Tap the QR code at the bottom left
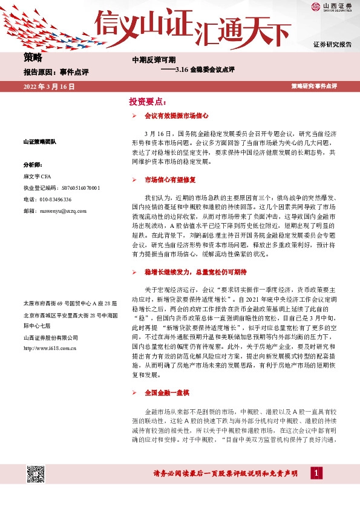(35, 474)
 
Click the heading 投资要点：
(148, 102)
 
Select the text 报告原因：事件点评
(56, 73)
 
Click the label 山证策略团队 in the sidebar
(39, 142)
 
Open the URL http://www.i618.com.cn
(49, 348)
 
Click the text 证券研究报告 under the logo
(332, 45)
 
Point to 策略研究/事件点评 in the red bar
(314, 87)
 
